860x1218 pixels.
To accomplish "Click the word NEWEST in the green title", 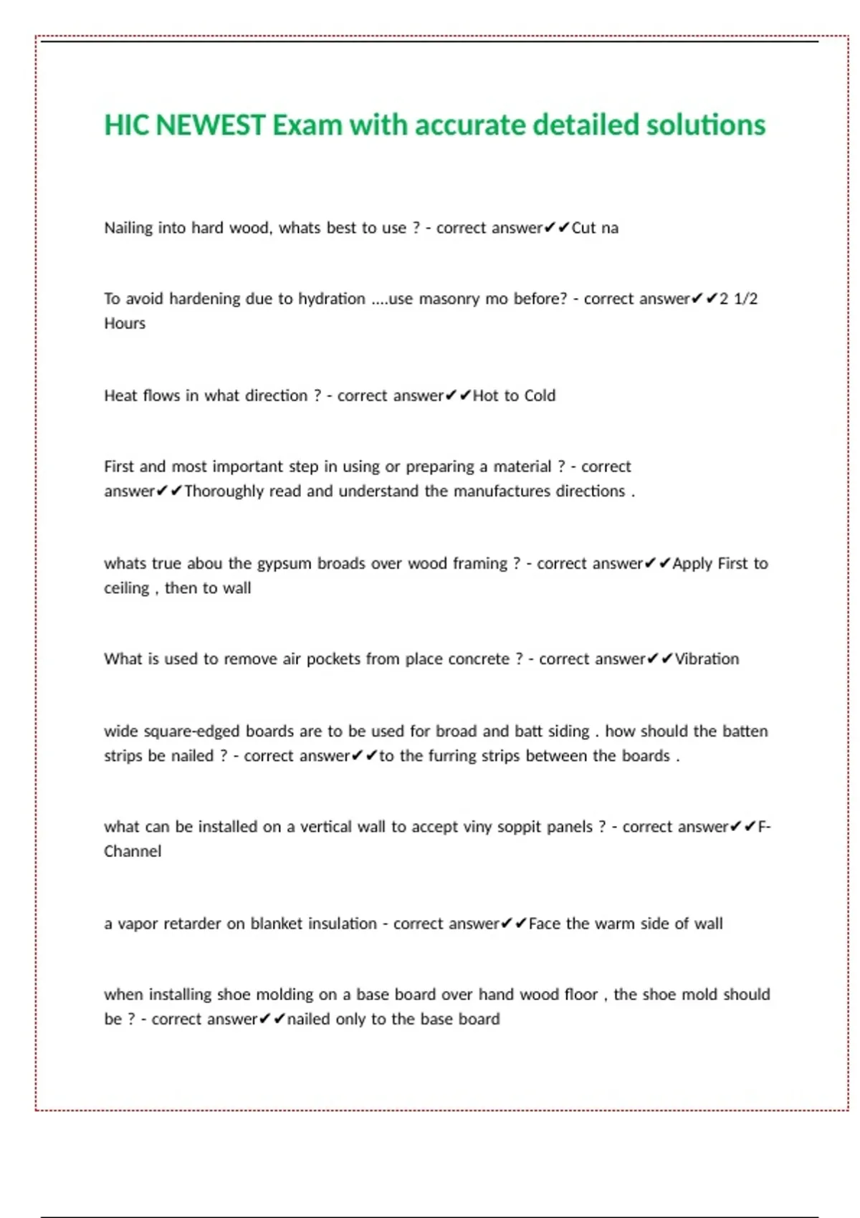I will pyautogui.click(x=210, y=125).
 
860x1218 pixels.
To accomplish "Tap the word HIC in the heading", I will pyautogui.click(x=126, y=125).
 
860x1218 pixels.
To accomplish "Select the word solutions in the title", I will pyautogui.click(x=706, y=125).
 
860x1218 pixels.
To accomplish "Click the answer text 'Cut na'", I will pyautogui.click(x=595, y=228).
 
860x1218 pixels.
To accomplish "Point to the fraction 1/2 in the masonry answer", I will pyautogui.click(x=745, y=299).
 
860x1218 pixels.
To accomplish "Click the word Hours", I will pyautogui.click(x=125, y=323).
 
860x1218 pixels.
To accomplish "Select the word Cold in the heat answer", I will pyautogui.click(x=540, y=395).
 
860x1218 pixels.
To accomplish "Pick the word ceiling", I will pyautogui.click(x=127, y=588).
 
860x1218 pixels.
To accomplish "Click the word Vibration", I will pyautogui.click(x=707, y=659).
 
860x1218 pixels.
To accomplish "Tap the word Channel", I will pyautogui.click(x=133, y=851).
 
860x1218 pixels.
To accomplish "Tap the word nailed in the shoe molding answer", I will pyautogui.click(x=308, y=1019).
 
